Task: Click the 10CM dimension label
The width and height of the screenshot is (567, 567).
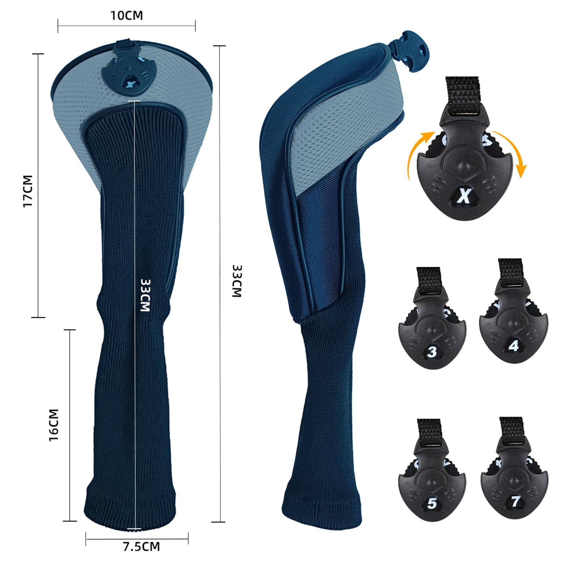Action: pyautogui.click(x=127, y=16)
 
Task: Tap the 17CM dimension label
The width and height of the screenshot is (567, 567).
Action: pyautogui.click(x=28, y=191)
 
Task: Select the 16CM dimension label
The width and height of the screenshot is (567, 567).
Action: pyautogui.click(x=54, y=425)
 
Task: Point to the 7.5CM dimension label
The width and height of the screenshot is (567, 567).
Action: pyautogui.click(x=141, y=546)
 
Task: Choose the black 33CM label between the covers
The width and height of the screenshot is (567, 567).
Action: pyautogui.click(x=237, y=281)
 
